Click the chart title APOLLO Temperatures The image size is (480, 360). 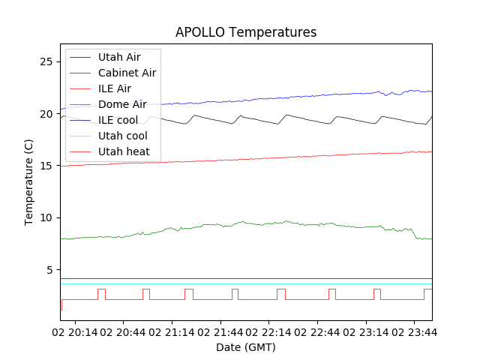click(245, 32)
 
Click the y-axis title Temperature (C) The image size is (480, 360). click(28, 181)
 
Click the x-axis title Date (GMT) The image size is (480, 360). click(245, 347)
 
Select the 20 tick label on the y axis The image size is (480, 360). click(46, 114)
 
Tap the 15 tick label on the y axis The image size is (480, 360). click(46, 166)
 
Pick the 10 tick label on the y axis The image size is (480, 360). click(46, 217)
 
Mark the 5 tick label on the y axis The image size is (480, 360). click(49, 270)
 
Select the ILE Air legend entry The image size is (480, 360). click(115, 88)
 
